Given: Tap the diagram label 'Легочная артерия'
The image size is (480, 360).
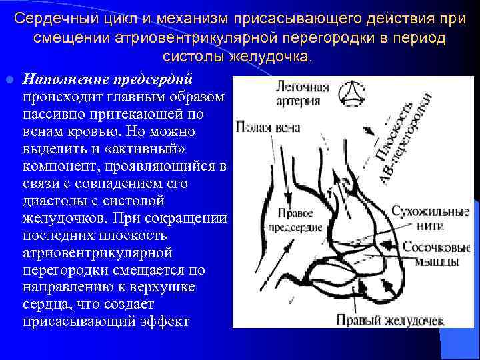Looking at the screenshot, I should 304,94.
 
